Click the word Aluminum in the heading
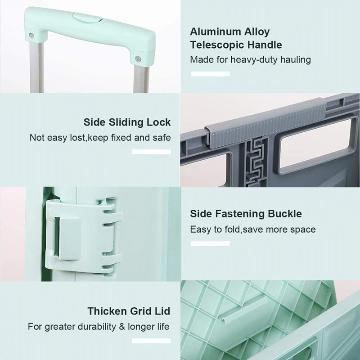tap(216, 31)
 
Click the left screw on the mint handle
tap(31, 35)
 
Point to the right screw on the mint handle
tap(138, 59)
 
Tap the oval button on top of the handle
tap(86, 18)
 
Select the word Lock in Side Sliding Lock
tap(159, 122)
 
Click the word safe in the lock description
tap(162, 138)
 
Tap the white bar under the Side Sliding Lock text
tap(152, 152)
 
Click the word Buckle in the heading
tap(285, 214)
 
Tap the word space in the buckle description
tap(303, 229)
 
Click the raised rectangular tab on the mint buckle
tap(70, 238)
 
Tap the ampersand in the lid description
tap(122, 327)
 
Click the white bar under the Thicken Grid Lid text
tap(152, 341)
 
